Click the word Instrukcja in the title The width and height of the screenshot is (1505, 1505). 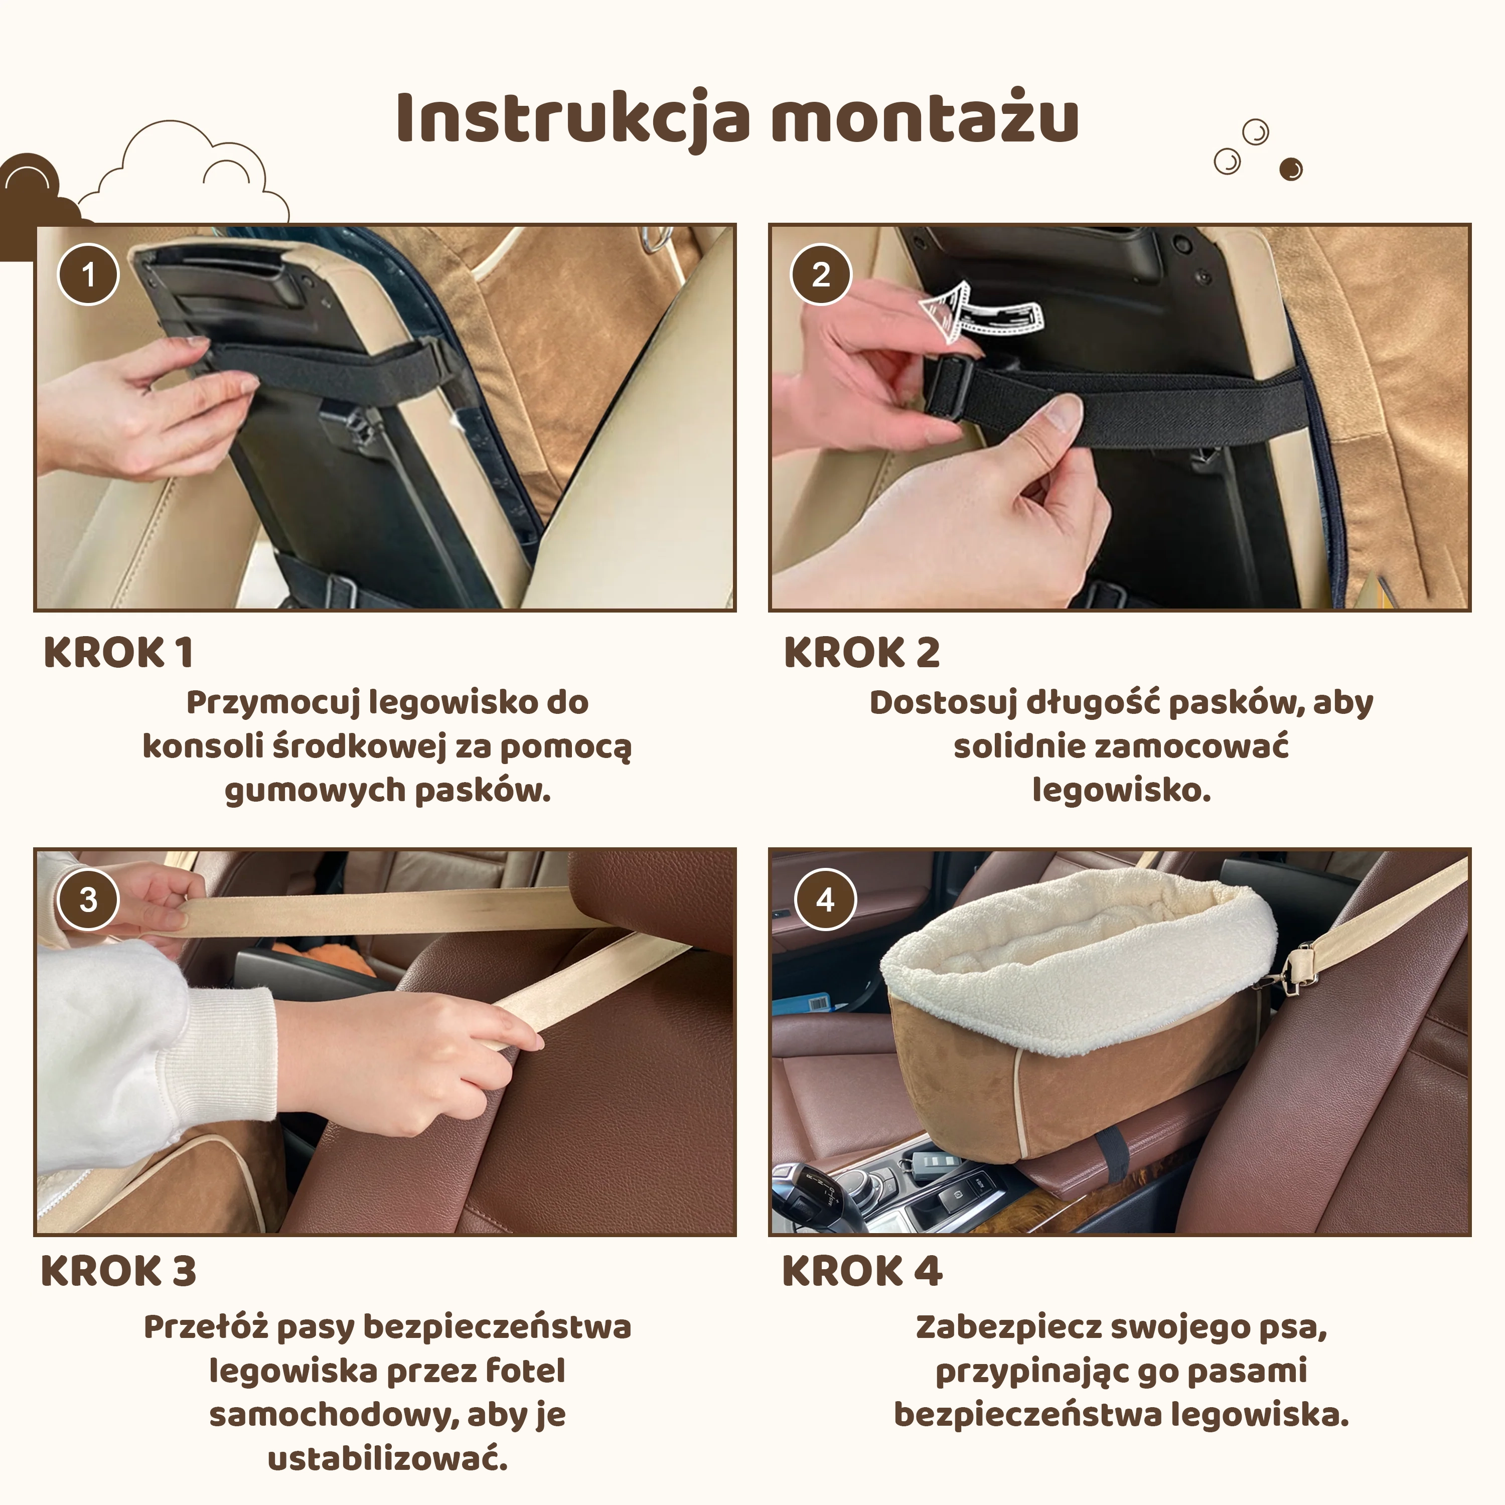click(x=573, y=118)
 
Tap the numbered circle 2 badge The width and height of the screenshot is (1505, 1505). click(x=821, y=274)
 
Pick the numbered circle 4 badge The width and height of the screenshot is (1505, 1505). click(x=825, y=899)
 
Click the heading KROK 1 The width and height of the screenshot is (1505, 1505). click(x=118, y=652)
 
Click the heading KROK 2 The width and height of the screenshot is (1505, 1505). click(x=861, y=652)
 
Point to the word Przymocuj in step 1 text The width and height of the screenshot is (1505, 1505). click(x=272, y=703)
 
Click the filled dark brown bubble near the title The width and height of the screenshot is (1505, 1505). click(x=1291, y=169)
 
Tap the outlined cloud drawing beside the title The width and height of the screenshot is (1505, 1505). click(x=184, y=172)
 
